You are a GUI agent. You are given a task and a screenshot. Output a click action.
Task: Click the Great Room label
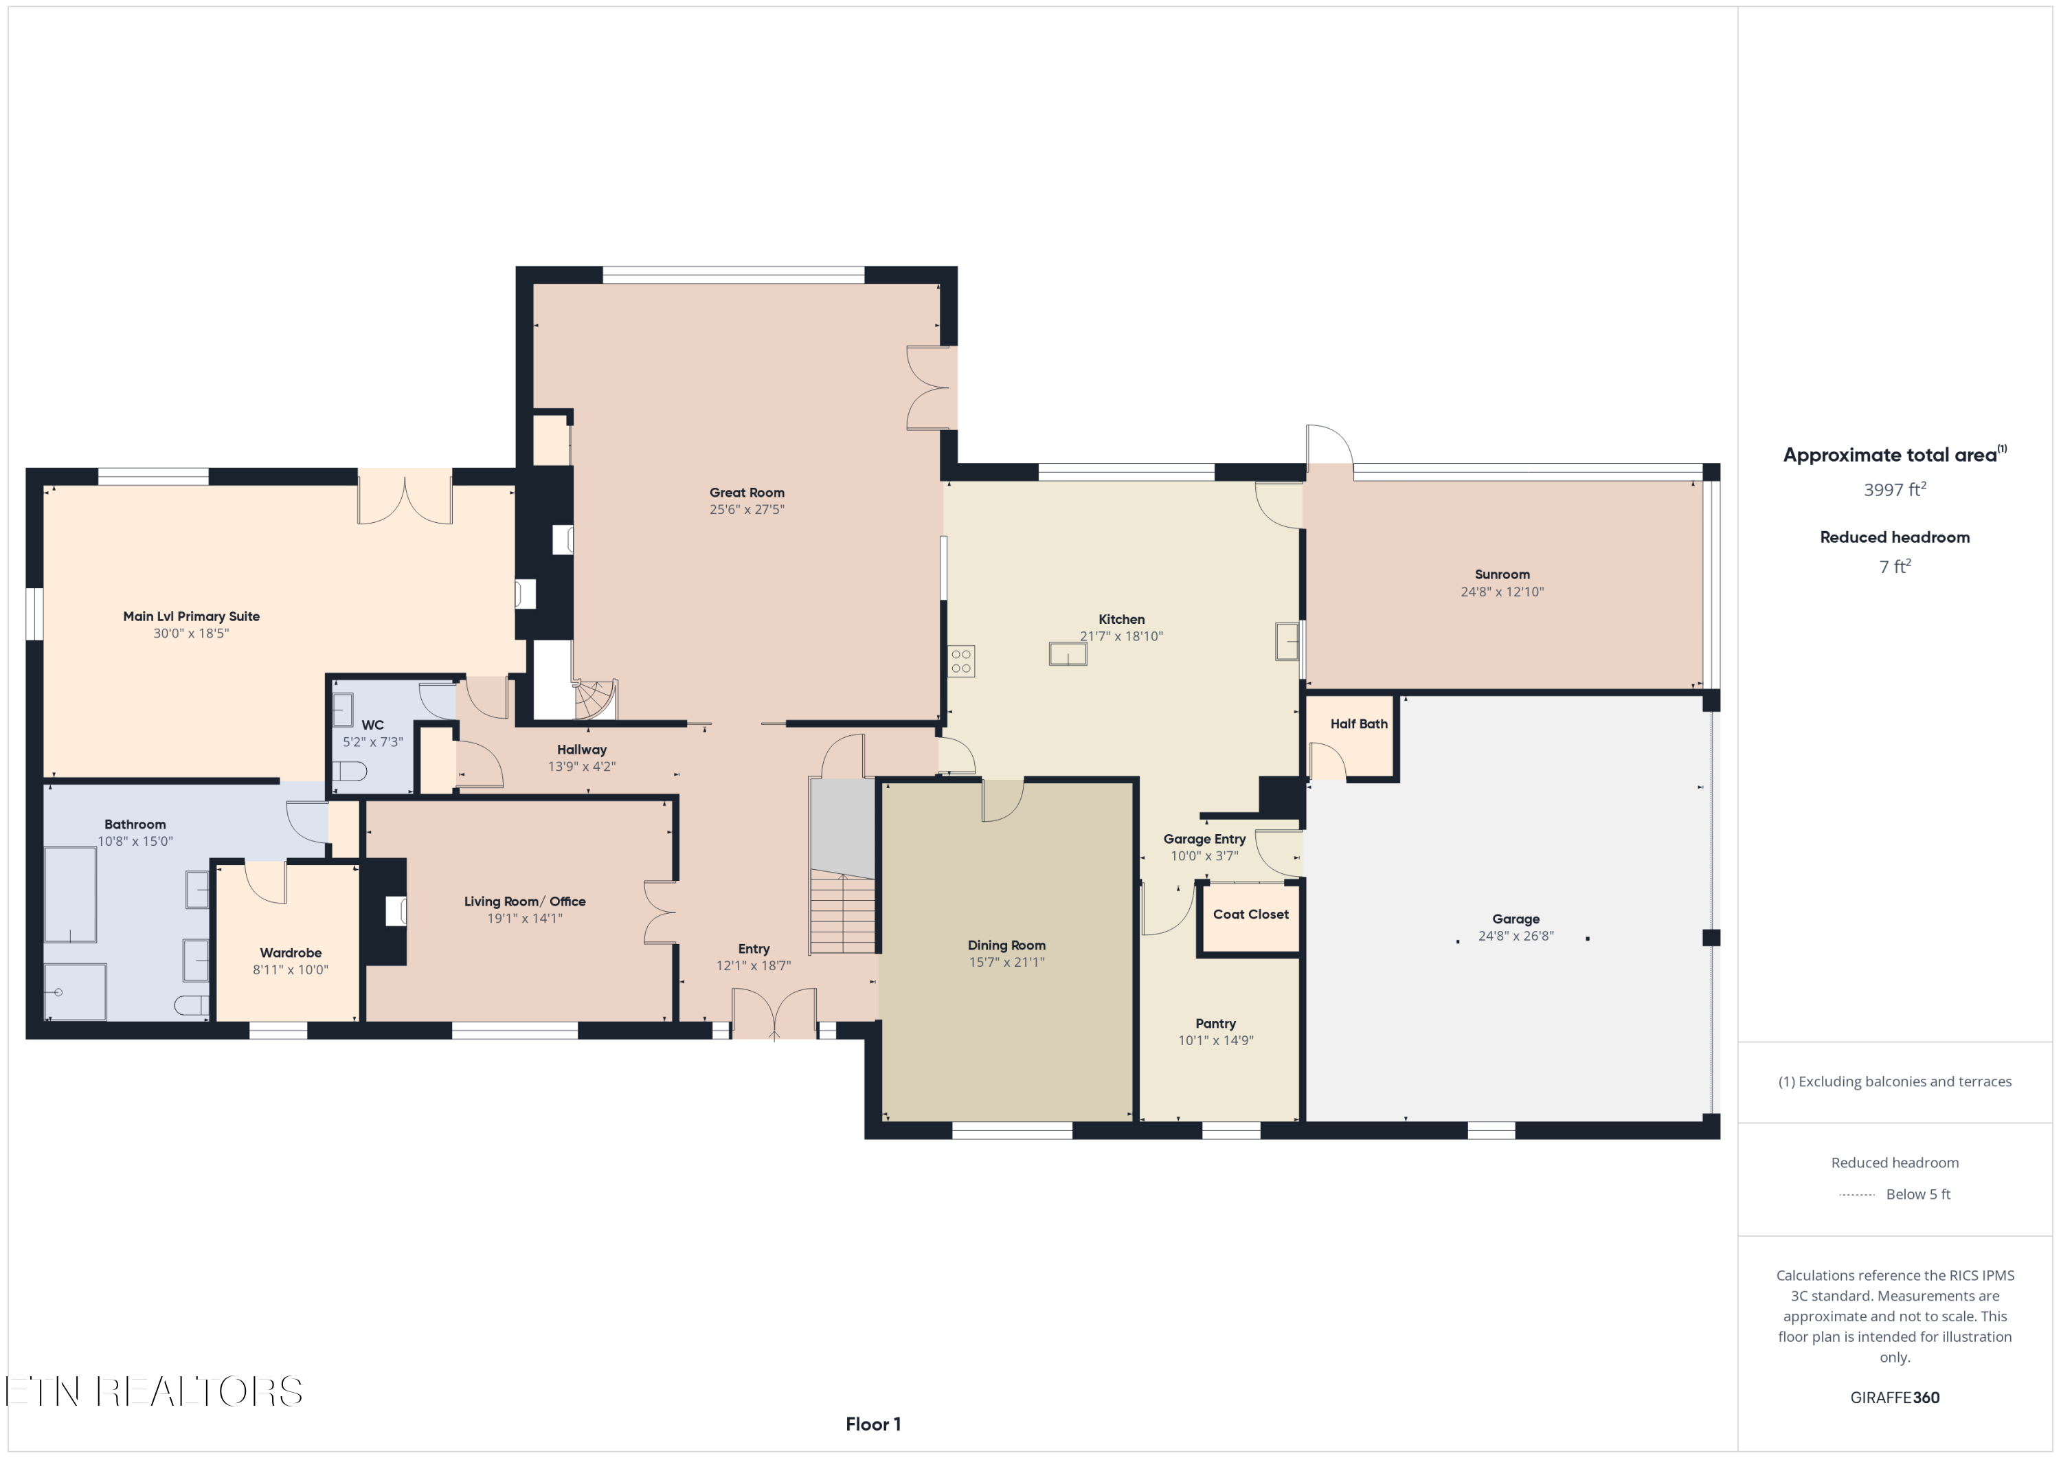click(x=746, y=492)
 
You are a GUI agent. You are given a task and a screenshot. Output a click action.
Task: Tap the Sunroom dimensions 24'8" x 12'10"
click(x=1501, y=592)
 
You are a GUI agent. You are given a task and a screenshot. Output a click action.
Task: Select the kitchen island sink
click(x=1068, y=653)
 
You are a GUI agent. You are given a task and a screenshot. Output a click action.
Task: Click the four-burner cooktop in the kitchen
click(x=960, y=662)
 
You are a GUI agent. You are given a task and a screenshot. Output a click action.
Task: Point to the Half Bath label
click(x=1358, y=724)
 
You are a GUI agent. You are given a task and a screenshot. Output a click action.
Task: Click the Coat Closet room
click(x=1250, y=917)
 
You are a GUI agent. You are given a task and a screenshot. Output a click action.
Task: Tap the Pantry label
click(x=1215, y=1024)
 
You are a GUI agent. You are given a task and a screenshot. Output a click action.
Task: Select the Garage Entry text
click(x=1204, y=838)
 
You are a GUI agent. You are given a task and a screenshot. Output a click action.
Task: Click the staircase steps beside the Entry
click(x=842, y=914)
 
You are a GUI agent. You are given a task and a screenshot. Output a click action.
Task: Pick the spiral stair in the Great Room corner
click(x=595, y=699)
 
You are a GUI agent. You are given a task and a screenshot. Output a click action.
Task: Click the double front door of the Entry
click(x=774, y=1015)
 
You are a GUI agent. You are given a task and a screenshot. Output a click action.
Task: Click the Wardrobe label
click(x=290, y=952)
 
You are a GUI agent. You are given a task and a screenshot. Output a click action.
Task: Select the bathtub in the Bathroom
click(x=70, y=894)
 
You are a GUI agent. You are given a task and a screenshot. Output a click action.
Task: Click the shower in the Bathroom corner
click(x=74, y=992)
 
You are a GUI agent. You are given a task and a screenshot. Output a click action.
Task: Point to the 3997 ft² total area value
click(x=1894, y=490)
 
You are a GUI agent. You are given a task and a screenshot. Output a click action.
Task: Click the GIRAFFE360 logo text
click(x=1894, y=1397)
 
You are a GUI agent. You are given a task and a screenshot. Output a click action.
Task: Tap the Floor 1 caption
click(x=872, y=1424)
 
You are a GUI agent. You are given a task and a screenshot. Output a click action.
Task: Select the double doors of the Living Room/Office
click(x=659, y=912)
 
